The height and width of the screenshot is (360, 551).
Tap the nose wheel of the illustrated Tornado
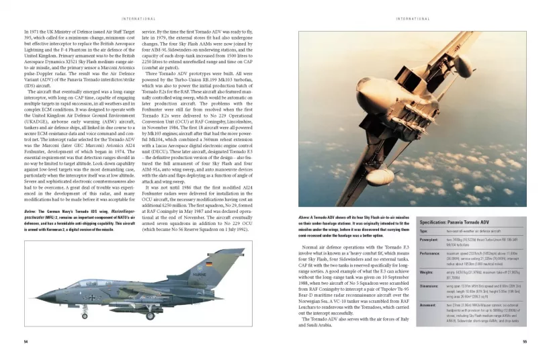point(84,315)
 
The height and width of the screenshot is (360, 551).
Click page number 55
point(524,341)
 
